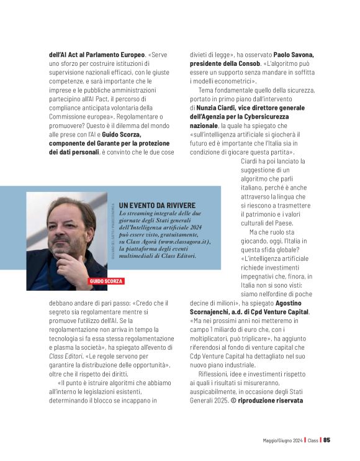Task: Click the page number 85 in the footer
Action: (x=326, y=440)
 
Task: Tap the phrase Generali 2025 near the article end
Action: (x=209, y=401)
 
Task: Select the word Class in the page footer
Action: (x=313, y=440)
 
